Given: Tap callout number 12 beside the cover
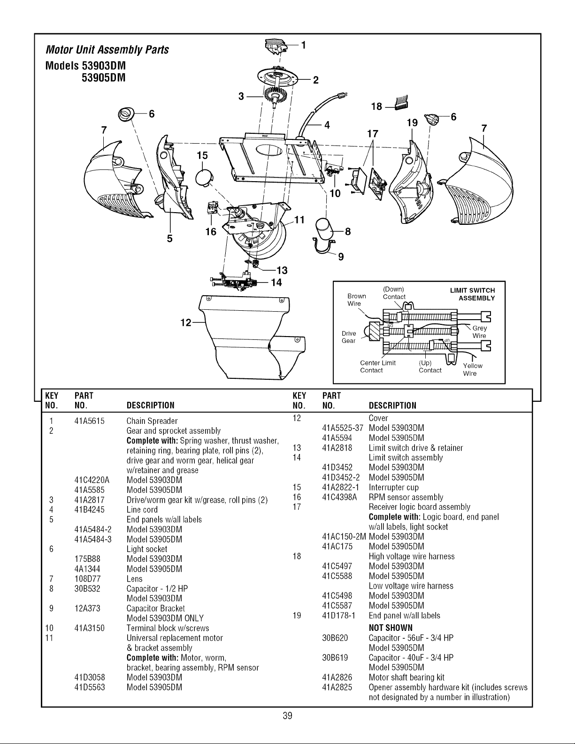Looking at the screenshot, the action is click(x=186, y=322).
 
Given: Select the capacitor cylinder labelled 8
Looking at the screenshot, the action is click(x=323, y=229).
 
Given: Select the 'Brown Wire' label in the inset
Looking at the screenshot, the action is click(x=356, y=299).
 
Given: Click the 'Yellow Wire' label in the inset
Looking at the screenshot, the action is click(x=472, y=369).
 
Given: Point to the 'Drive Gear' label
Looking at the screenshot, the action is click(x=349, y=337).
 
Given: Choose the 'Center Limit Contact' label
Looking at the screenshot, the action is click(x=377, y=366).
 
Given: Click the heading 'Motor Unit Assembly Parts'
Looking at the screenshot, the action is click(x=107, y=50).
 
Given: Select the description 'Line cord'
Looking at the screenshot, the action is click(x=142, y=509).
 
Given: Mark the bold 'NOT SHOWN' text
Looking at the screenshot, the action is click(x=391, y=628).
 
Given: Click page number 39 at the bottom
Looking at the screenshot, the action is click(x=287, y=716).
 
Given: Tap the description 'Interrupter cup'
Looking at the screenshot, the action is click(x=394, y=487).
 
